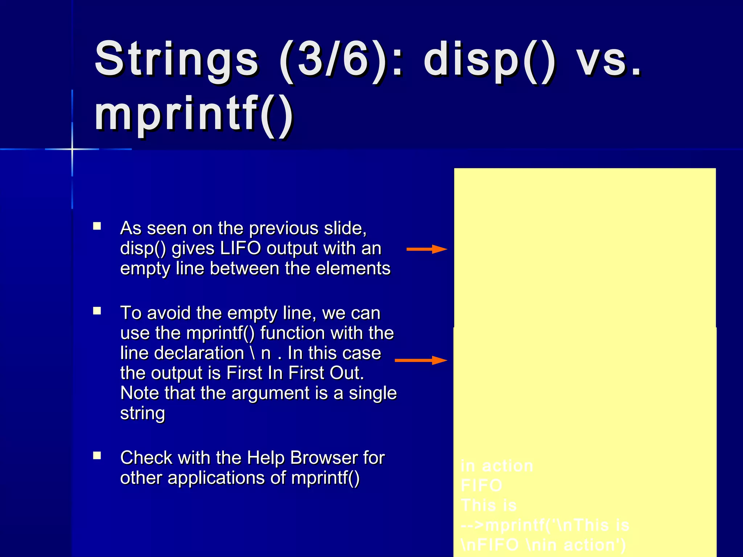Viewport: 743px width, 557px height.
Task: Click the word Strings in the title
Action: pos(176,60)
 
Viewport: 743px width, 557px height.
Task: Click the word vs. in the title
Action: pos(609,60)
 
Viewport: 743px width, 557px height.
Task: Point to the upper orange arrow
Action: pos(427,249)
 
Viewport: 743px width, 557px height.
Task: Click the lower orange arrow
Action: pos(421,360)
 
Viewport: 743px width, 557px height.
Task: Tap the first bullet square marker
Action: pos(97,226)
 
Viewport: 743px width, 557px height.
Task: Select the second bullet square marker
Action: pos(97,311)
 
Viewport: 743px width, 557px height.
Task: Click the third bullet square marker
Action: pos(97,455)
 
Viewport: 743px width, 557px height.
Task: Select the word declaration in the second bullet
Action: pos(199,353)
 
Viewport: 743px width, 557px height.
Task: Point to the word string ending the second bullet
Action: pos(143,413)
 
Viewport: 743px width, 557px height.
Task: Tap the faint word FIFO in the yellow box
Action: pos(481,486)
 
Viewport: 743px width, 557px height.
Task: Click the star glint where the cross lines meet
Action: pos(72,149)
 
